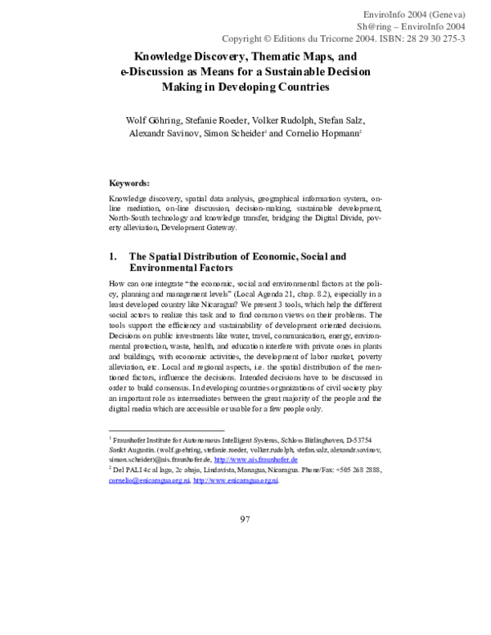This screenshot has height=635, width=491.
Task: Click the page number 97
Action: (x=245, y=519)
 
